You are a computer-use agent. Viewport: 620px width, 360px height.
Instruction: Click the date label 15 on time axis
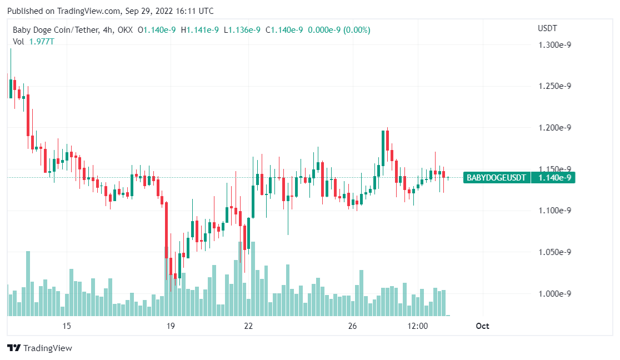coord(67,326)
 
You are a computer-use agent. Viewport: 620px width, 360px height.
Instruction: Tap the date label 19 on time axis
coord(171,326)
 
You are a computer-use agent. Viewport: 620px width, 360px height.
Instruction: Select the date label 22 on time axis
coord(248,326)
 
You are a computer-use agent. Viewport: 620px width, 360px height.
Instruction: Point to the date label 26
coord(352,326)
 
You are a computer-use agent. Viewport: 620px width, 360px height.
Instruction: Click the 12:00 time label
coord(417,326)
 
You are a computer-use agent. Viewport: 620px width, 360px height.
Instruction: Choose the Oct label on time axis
coord(482,326)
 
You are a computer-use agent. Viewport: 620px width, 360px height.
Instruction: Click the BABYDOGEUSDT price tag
coord(496,178)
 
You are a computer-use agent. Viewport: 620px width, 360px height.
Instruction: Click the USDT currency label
coord(547,28)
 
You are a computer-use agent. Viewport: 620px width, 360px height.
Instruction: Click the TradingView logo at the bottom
coord(40,348)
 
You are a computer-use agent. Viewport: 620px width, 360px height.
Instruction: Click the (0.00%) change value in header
coord(357,30)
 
